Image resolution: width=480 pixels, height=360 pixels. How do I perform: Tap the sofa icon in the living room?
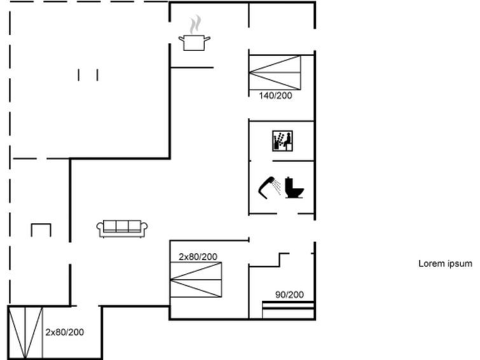[x=122, y=228]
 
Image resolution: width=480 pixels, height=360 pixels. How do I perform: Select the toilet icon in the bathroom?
[x=294, y=188]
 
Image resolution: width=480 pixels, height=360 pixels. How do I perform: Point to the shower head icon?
[x=266, y=188]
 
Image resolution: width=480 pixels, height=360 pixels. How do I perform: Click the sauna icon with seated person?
[x=282, y=141]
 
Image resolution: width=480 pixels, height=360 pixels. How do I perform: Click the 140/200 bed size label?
[x=275, y=95]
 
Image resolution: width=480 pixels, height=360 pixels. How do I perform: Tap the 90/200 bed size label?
[x=290, y=294]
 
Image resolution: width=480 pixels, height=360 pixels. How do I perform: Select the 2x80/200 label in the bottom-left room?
[x=65, y=333]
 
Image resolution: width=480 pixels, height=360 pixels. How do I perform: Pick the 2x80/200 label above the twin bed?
[x=198, y=257]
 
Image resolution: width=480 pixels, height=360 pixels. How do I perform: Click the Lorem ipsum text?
[x=446, y=264]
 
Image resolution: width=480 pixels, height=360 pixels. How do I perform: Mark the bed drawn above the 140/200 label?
[x=275, y=73]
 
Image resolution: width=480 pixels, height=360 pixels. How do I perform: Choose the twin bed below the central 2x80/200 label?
[x=196, y=280]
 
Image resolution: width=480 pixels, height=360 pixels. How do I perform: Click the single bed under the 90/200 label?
[x=288, y=310]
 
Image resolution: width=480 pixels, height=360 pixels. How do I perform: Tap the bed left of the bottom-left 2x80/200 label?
[x=25, y=332]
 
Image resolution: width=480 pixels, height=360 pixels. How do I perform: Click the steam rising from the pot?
[x=195, y=25]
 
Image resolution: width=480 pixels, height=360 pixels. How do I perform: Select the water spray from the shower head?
[x=277, y=186]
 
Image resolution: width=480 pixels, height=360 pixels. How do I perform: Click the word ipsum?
[x=460, y=264]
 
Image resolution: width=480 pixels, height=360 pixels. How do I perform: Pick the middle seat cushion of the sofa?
[x=122, y=226]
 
